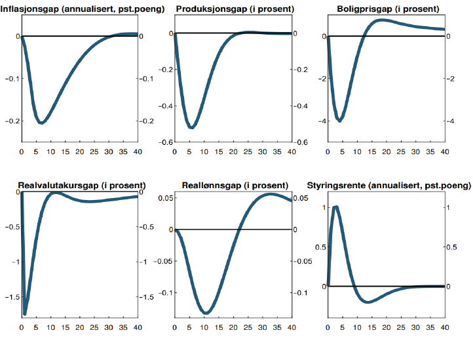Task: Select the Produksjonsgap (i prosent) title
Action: [234, 9]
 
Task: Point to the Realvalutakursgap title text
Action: [77, 185]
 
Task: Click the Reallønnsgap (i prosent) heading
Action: [234, 185]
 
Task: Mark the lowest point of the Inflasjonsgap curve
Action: [41, 123]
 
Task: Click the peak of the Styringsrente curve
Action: [335, 207]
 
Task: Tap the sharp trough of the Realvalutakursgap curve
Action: [25, 313]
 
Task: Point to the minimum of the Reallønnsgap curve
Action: [206, 313]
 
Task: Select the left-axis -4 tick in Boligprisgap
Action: [321, 121]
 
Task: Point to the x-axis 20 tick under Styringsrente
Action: [385, 327]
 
